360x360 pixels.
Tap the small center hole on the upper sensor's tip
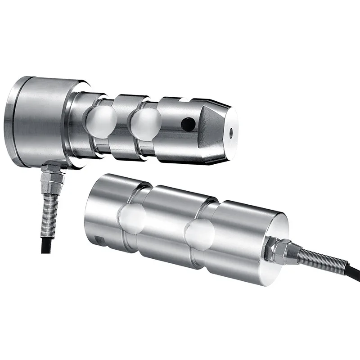pyautogui.click(x=230, y=132)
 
